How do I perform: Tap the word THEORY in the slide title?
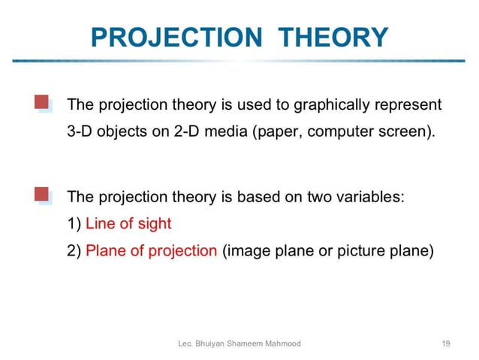click(333, 37)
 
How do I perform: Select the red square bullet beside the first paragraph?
click(41, 102)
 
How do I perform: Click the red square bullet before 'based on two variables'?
click(41, 195)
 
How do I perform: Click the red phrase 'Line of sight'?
click(128, 224)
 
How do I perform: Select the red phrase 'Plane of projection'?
click(151, 251)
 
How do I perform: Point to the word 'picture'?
click(361, 251)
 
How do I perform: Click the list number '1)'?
click(74, 224)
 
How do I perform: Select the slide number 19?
click(447, 343)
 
